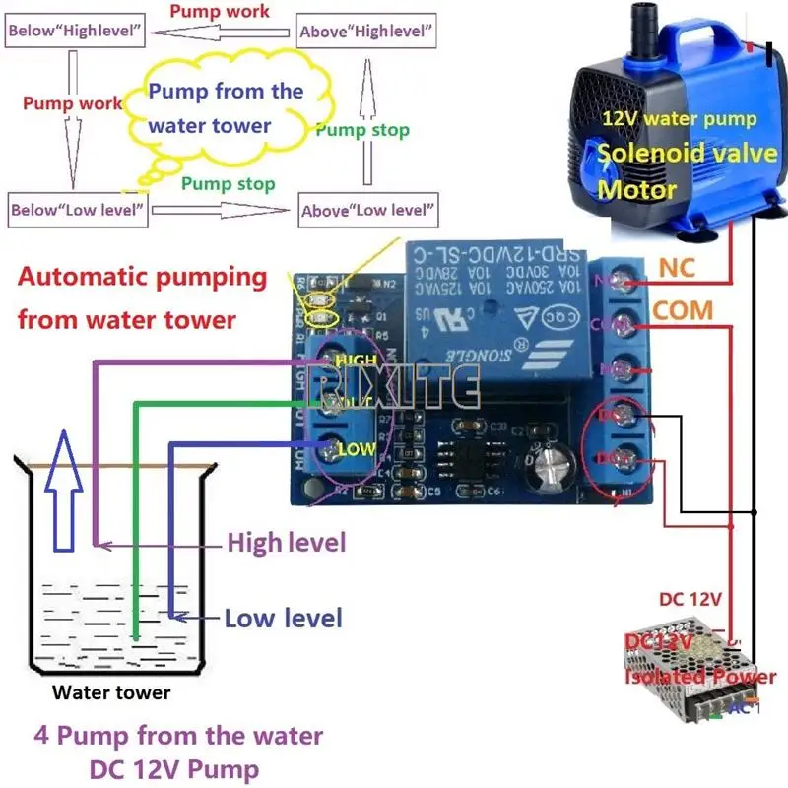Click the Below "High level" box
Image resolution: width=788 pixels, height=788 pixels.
click(76, 31)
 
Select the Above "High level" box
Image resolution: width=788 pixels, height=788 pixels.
click(367, 31)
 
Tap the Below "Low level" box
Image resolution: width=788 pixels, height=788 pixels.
click(78, 210)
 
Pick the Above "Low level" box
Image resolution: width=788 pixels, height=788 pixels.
click(367, 210)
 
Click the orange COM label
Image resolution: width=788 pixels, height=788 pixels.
click(683, 310)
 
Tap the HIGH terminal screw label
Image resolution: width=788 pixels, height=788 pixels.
click(357, 361)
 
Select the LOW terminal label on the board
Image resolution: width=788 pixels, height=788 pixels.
click(356, 450)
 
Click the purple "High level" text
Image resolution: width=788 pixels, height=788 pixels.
click(287, 542)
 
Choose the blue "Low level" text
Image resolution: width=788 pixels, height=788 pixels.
click(284, 619)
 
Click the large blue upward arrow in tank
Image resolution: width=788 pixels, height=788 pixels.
click(67, 493)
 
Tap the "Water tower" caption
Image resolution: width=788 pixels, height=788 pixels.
click(111, 692)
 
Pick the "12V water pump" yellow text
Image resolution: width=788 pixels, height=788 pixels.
click(680, 119)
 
